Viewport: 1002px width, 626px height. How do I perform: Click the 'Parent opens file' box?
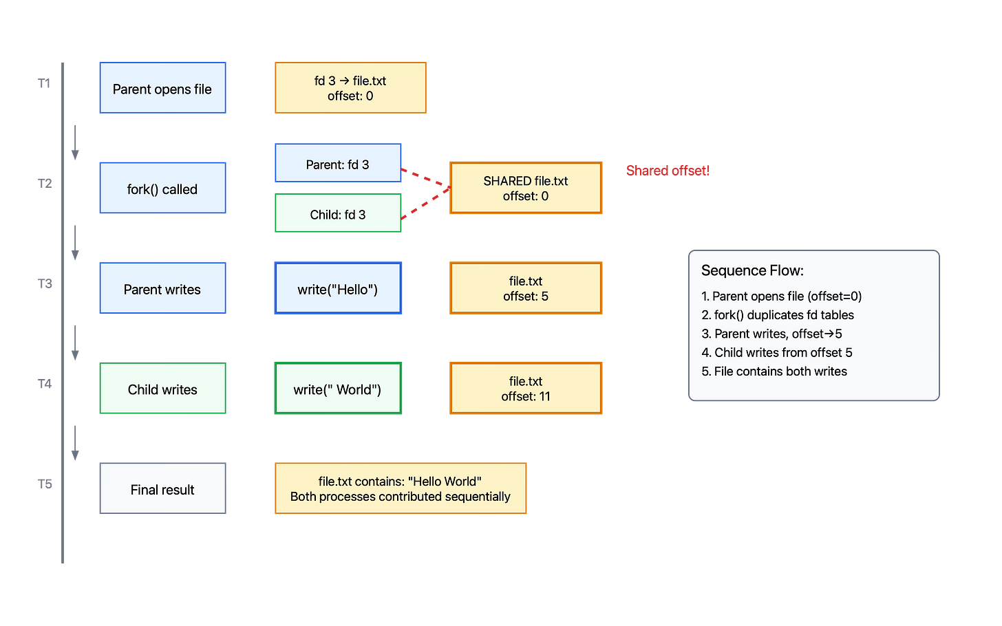pos(162,89)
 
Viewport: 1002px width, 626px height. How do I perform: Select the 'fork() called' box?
pos(162,188)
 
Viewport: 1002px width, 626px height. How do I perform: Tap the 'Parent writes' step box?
pos(162,289)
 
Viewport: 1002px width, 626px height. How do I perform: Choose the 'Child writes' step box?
pos(162,389)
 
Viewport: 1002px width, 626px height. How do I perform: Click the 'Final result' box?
pos(162,489)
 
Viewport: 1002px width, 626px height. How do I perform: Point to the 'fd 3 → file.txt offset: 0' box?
pos(350,88)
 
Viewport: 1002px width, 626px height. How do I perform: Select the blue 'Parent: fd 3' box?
pos(338,164)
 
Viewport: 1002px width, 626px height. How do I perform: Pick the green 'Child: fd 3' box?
pos(338,214)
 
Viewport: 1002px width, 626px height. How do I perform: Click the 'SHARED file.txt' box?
pos(526,188)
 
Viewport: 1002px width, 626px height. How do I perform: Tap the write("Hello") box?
pos(338,289)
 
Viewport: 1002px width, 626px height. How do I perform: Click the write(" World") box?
pos(338,389)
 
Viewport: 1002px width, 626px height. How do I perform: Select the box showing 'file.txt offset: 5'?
pos(526,288)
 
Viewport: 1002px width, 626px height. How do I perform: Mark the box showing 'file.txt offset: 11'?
pos(526,389)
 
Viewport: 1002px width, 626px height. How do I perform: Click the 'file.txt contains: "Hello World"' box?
pos(401,488)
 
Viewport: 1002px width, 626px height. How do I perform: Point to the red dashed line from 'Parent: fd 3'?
pos(425,177)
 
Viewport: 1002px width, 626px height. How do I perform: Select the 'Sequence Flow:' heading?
pos(752,270)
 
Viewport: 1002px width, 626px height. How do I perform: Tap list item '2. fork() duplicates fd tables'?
pos(778,315)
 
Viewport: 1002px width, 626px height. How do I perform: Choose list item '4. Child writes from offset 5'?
pos(777,352)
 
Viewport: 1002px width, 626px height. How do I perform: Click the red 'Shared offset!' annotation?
pos(668,170)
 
